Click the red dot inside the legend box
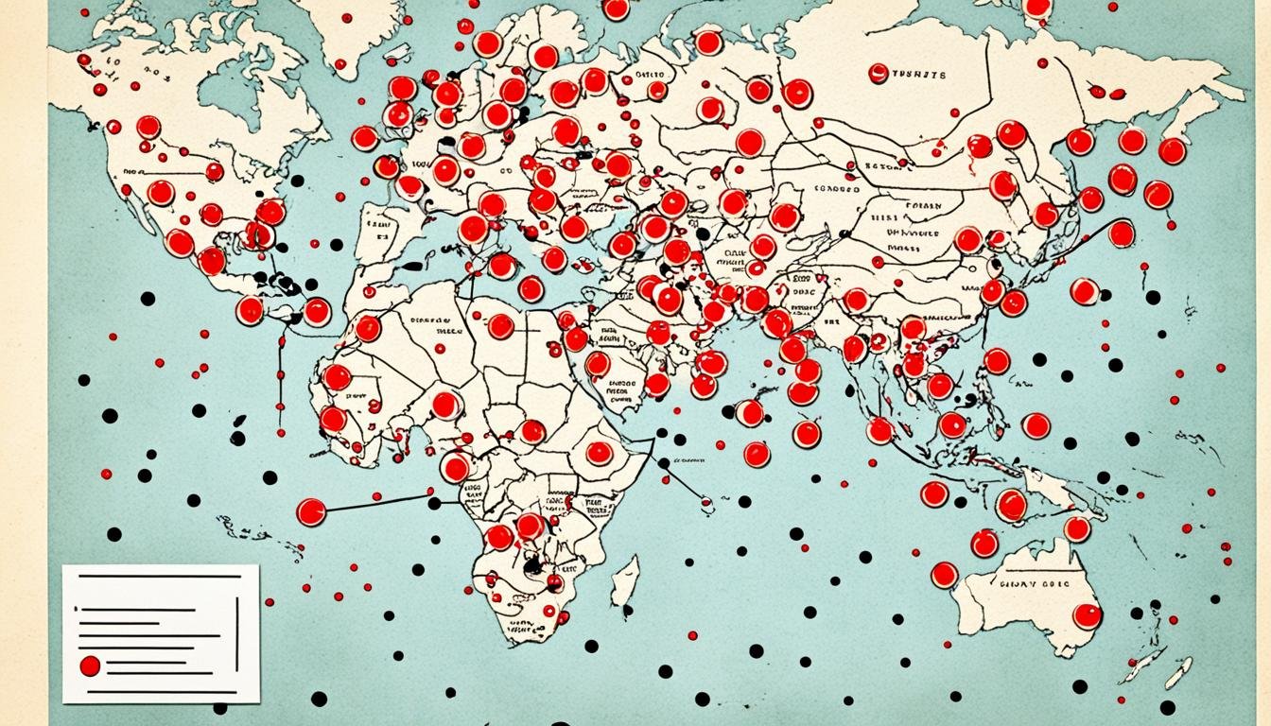tap(90, 665)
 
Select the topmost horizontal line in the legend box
tap(158, 576)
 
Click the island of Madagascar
tap(624, 580)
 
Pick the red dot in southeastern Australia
tap(1088, 616)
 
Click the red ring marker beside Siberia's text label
tap(878, 73)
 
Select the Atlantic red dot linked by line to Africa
tap(311, 511)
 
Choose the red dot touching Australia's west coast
tap(944, 575)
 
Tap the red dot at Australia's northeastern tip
tap(1077, 528)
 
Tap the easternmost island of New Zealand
tap(1178, 672)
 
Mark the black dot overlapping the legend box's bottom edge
tap(220, 707)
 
